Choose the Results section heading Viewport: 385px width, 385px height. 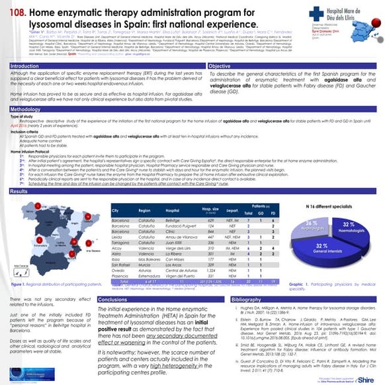point(19,191)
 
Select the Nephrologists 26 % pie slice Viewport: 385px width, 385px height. point(314,224)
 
